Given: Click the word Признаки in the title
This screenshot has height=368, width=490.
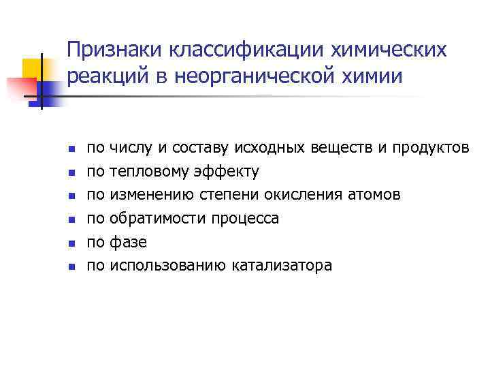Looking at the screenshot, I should tap(115, 50).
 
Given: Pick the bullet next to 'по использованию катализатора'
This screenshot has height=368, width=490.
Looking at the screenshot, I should tap(71, 266).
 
